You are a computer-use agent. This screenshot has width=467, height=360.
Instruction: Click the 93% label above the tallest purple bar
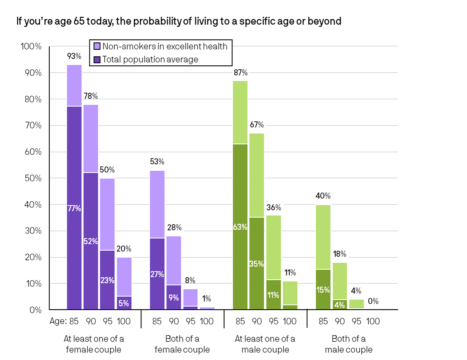[x=74, y=56]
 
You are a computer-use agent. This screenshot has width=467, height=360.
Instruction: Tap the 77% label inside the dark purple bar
[x=74, y=208]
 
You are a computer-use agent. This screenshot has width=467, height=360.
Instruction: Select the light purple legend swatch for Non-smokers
[x=97, y=46]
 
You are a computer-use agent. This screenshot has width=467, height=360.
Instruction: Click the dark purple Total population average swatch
[x=97, y=60]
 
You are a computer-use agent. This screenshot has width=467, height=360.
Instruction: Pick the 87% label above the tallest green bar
[x=240, y=73]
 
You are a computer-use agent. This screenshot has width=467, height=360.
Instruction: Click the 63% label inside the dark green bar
[x=240, y=227]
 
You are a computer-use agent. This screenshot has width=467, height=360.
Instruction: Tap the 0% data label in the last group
[x=373, y=301]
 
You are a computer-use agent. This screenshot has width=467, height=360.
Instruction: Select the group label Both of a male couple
[x=349, y=344]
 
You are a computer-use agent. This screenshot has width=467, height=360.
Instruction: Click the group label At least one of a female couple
[x=94, y=344]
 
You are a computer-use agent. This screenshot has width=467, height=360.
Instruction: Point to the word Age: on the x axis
[x=58, y=321]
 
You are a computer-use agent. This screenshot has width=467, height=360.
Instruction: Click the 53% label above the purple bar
[x=157, y=162]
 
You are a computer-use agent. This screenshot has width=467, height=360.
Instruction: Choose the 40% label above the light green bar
[x=323, y=196]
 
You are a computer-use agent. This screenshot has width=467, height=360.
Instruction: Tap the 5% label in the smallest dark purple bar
[x=124, y=303]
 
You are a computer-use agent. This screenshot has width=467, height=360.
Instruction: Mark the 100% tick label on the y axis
[x=31, y=46]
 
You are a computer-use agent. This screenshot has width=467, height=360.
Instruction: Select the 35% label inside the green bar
[x=257, y=264]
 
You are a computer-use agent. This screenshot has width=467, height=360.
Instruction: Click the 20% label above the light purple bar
[x=124, y=249]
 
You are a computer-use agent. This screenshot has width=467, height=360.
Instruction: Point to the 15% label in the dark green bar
[x=323, y=290]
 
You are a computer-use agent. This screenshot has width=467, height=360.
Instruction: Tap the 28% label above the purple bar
[x=174, y=228]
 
